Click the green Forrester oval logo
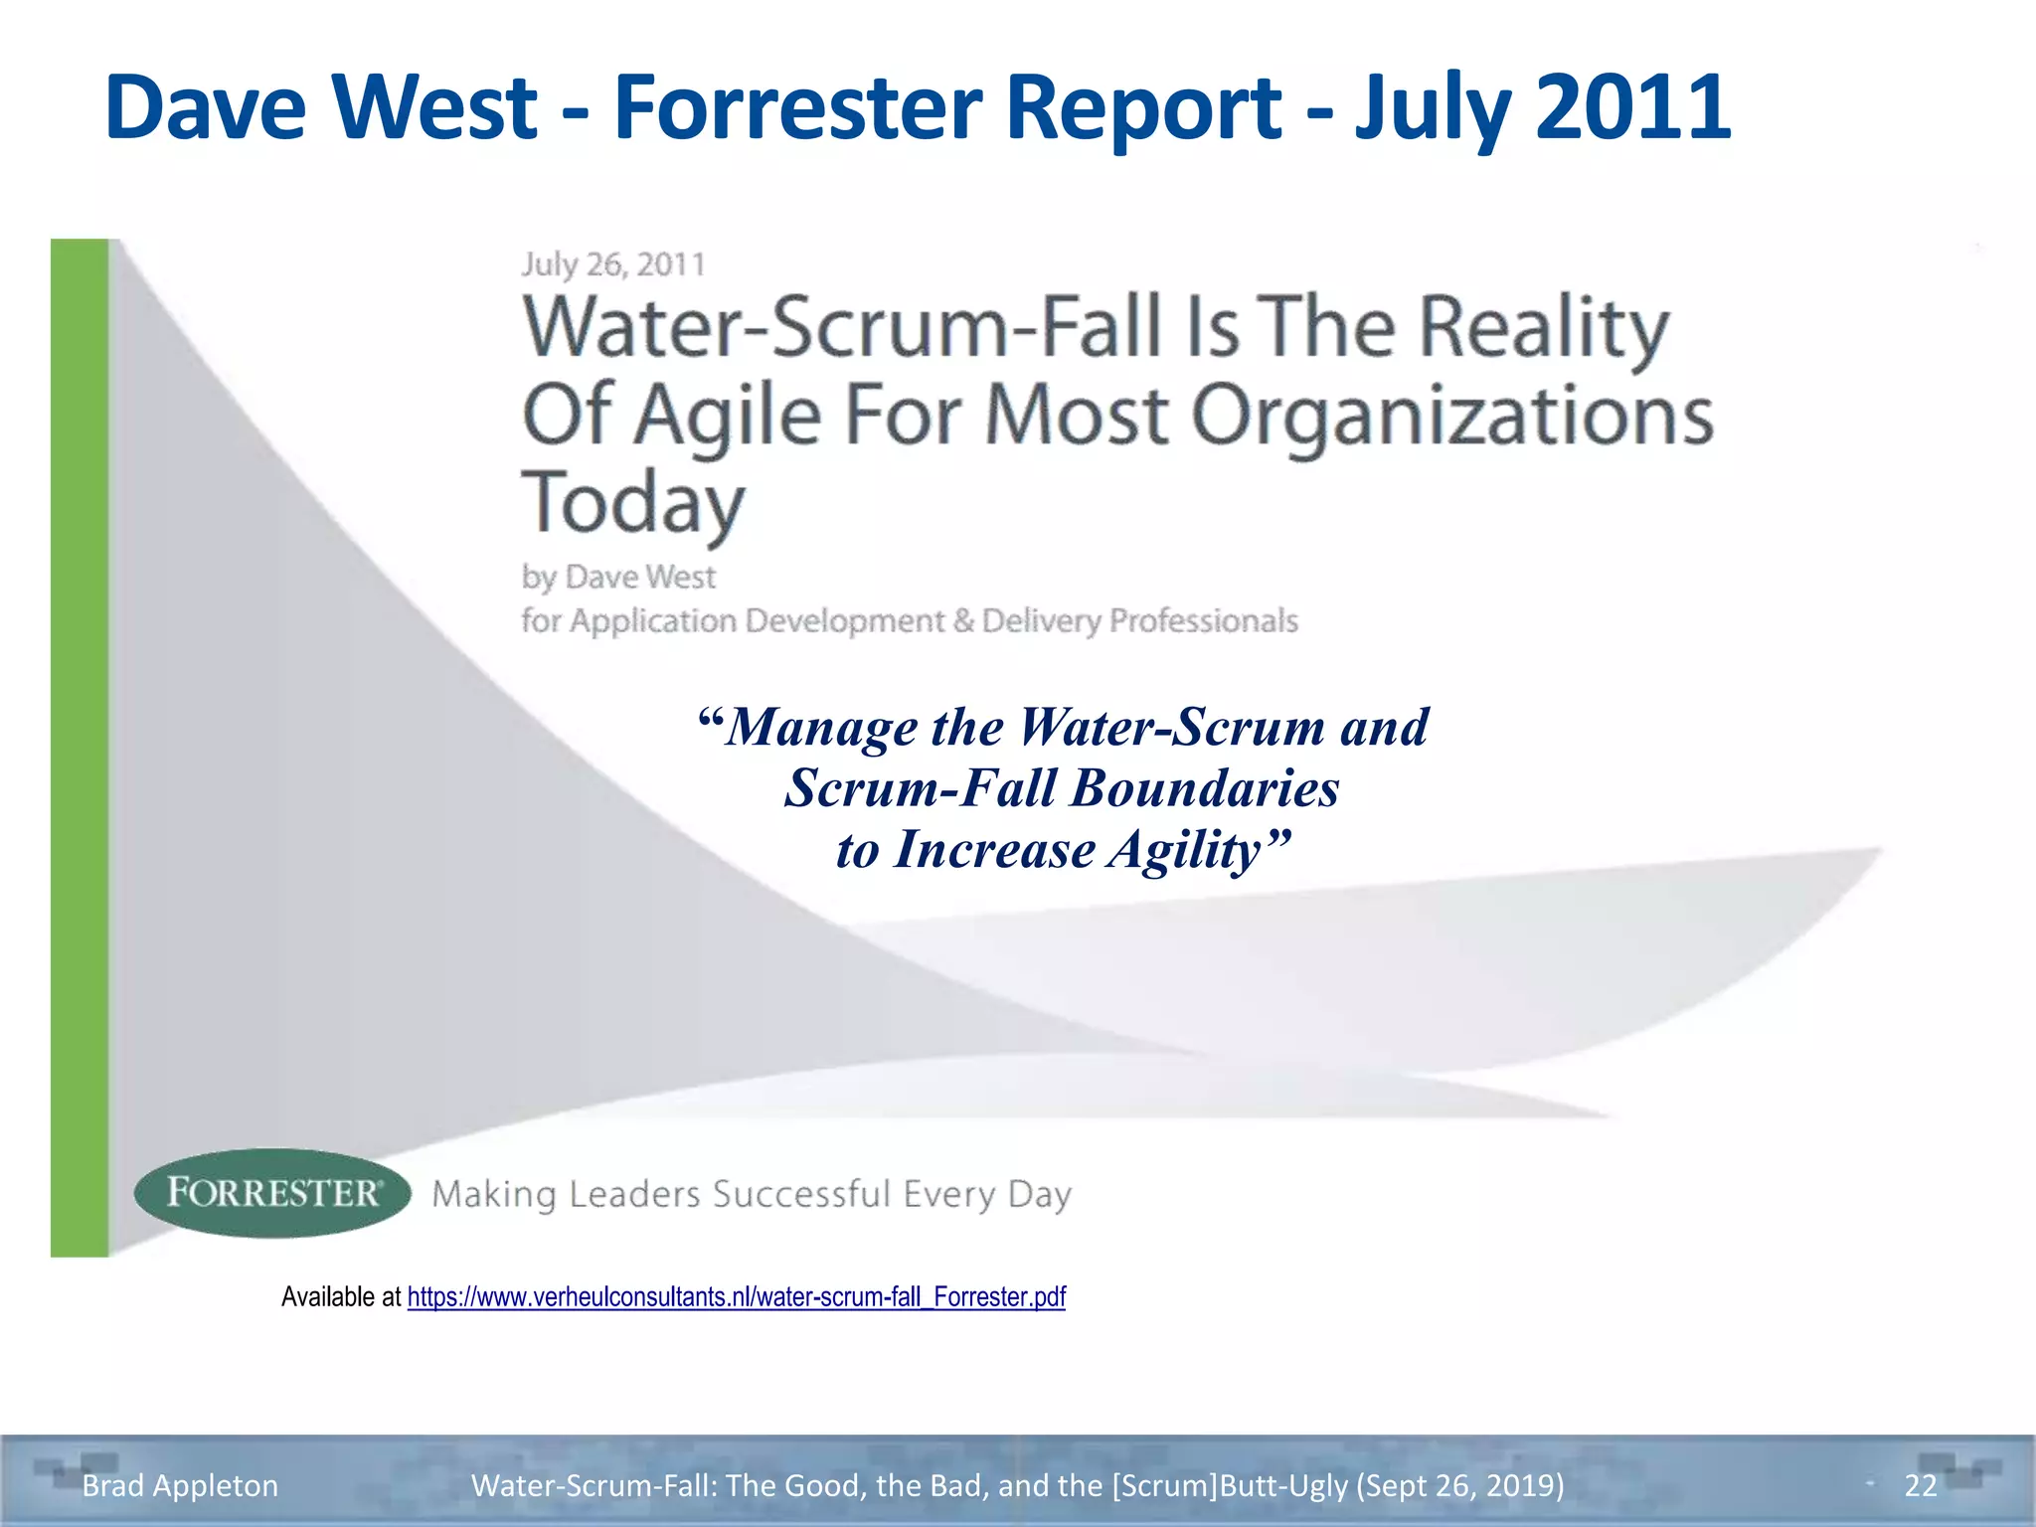pyautogui.click(x=272, y=1193)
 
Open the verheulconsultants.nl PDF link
pyautogui.click(x=736, y=1297)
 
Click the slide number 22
pyautogui.click(x=1921, y=1485)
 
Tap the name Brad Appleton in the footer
pyautogui.click(x=180, y=1485)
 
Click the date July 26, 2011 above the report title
pyautogui.click(x=613, y=264)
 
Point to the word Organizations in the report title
pyautogui.click(x=1451, y=416)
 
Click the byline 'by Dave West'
pyautogui.click(x=618, y=577)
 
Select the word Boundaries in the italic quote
pyautogui.click(x=1205, y=788)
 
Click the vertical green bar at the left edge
pyautogui.click(x=80, y=746)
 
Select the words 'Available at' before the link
pyautogui.click(x=341, y=1297)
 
